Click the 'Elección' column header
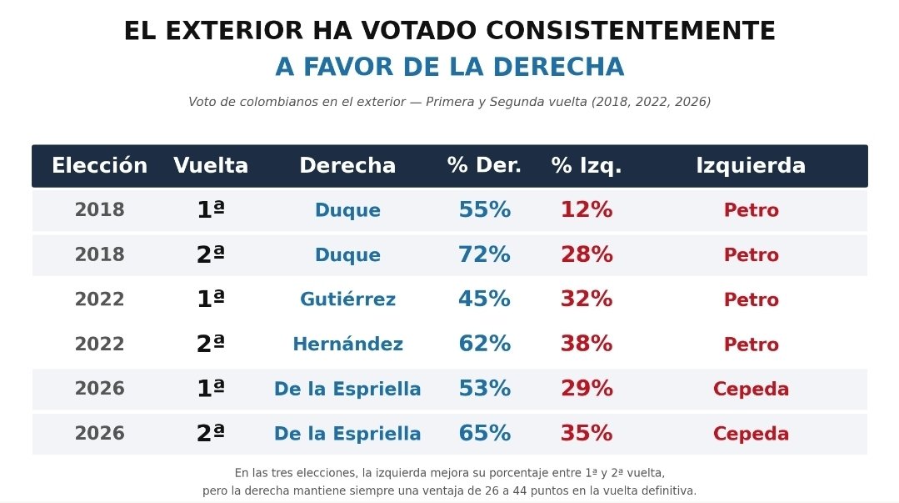(100, 165)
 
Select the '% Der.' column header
(484, 165)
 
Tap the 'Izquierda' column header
(751, 166)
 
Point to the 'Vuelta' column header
(211, 165)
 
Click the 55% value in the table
(484, 209)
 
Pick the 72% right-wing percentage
(484, 254)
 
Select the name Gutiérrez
(348, 299)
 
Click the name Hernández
(348, 344)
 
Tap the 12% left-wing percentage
(587, 209)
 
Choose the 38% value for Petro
(587, 344)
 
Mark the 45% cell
(484, 299)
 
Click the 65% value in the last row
(484, 433)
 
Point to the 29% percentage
(587, 388)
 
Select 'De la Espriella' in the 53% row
(347, 389)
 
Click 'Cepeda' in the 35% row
(751, 434)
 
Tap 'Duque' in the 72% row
(348, 255)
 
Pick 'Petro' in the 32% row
(751, 299)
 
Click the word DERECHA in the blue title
(558, 67)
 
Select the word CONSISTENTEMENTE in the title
(631, 30)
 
